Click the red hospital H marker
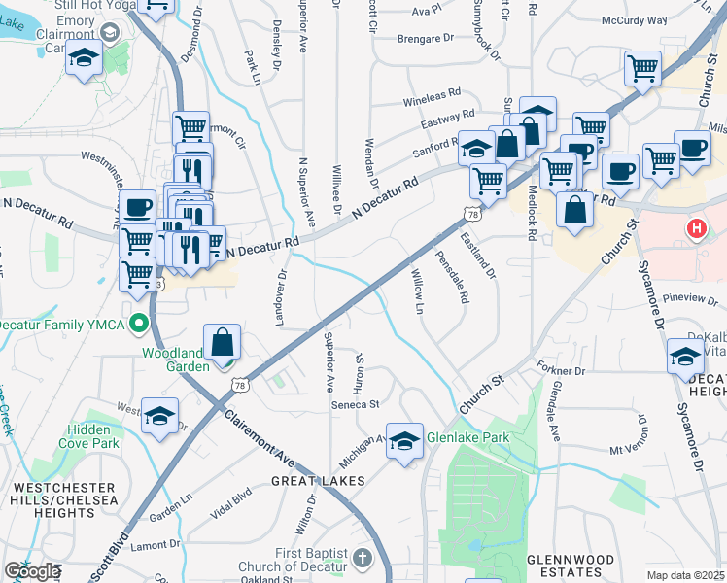click(x=696, y=230)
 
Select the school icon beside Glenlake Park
click(x=404, y=439)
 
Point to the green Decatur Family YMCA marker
click(x=139, y=324)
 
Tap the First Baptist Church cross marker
click(x=363, y=558)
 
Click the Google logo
click(x=32, y=571)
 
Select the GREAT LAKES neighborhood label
click(x=318, y=481)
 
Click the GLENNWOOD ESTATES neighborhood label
click(x=570, y=567)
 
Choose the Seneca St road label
click(x=354, y=404)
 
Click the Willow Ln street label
click(x=418, y=291)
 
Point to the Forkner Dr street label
click(x=560, y=369)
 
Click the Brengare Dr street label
click(x=426, y=40)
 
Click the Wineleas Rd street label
click(x=432, y=96)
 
